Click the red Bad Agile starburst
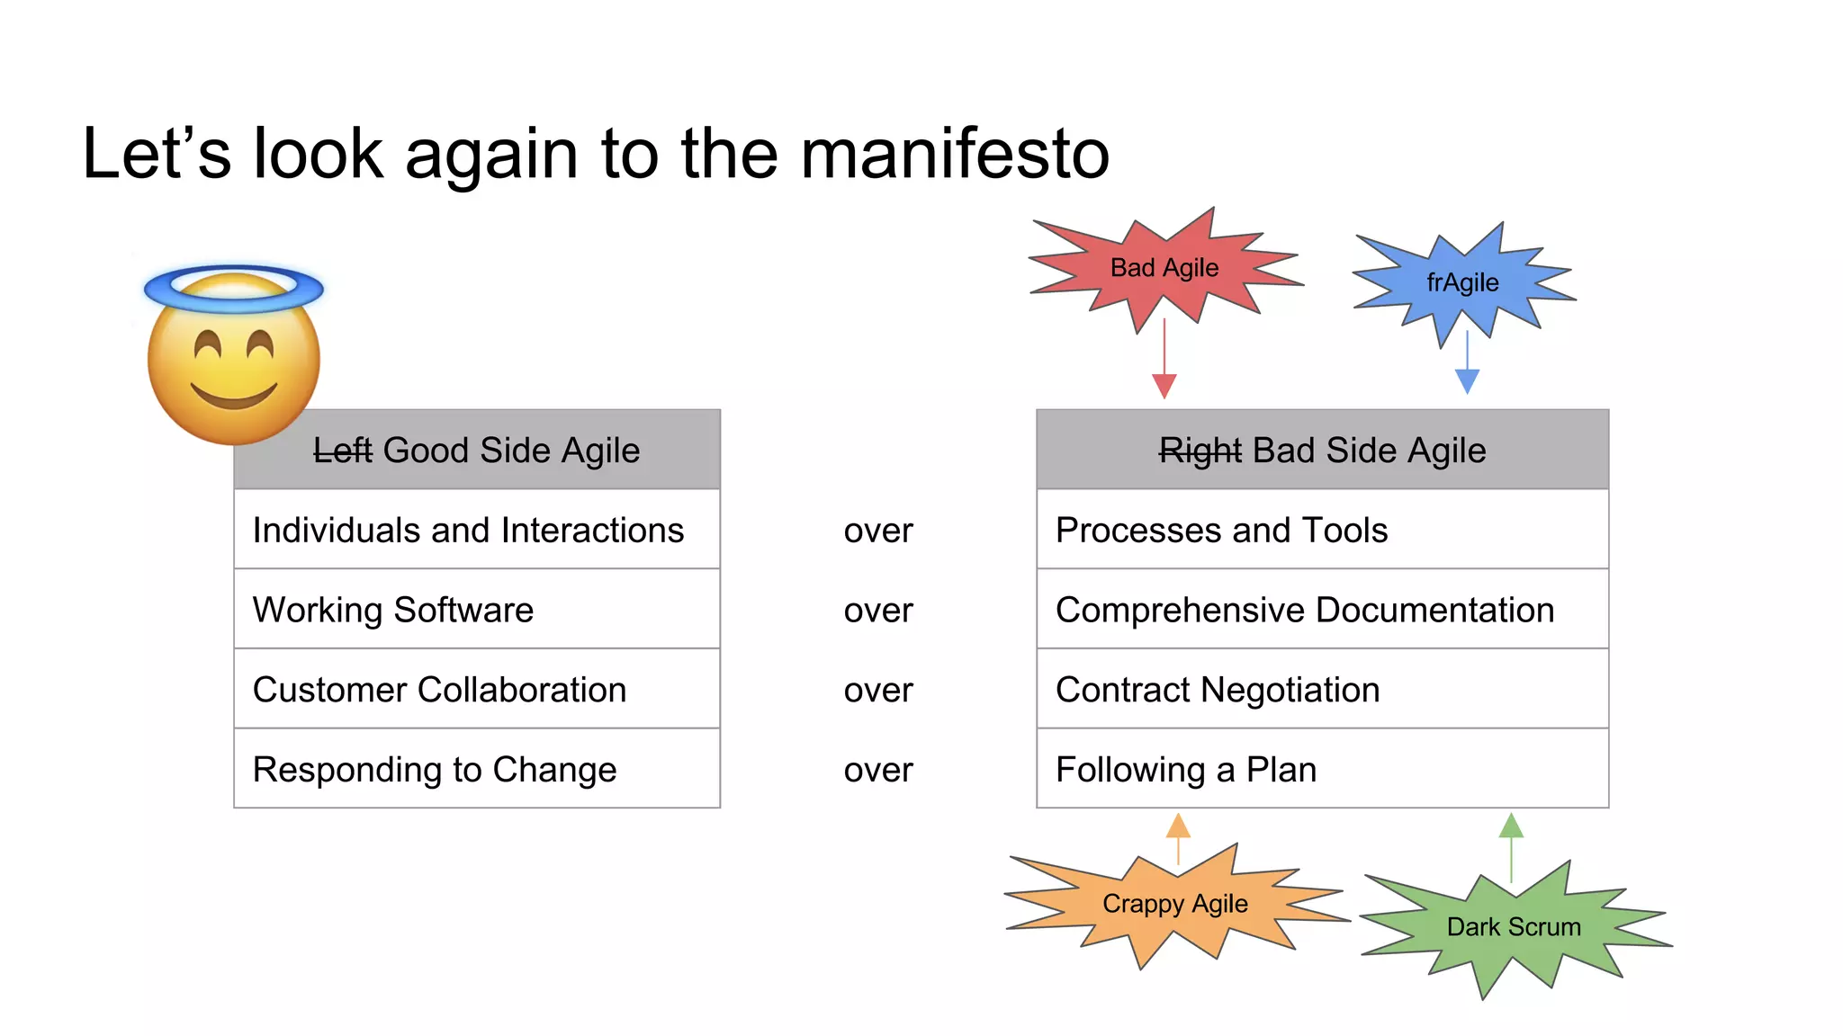tap(1164, 268)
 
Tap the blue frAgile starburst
tap(1463, 282)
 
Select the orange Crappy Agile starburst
tap(1174, 903)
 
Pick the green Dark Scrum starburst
tap(1514, 926)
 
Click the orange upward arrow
tap(1178, 836)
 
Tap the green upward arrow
tap(1511, 845)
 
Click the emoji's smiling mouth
tap(234, 396)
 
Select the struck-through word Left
tap(342, 451)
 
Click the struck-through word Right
tap(1200, 451)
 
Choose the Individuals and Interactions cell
tap(477, 530)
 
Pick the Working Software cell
tap(477, 610)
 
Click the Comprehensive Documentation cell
tap(1322, 610)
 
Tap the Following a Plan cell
tap(1322, 769)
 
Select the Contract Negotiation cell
tap(1322, 690)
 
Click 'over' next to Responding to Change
tap(878, 770)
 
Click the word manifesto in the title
tap(955, 154)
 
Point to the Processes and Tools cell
tap(1322, 530)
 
